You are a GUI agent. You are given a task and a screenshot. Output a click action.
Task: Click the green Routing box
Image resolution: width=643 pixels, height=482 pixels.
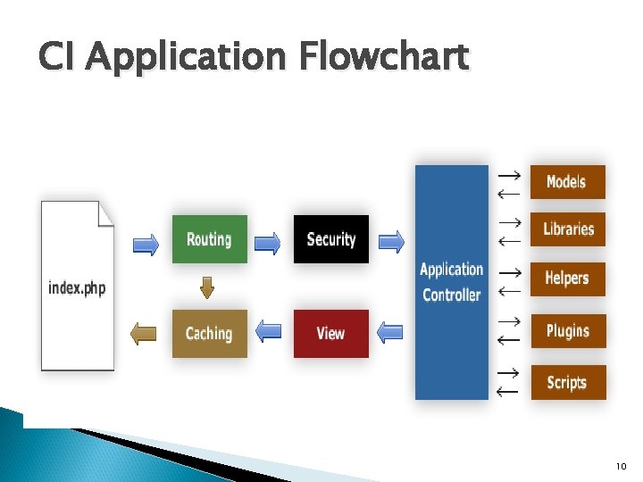209,239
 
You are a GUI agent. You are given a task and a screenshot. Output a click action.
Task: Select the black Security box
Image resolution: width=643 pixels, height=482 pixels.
330,239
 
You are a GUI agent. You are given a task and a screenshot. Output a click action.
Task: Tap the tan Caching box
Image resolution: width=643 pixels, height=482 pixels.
209,334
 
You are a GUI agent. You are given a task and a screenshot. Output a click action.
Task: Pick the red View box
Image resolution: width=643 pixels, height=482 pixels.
330,334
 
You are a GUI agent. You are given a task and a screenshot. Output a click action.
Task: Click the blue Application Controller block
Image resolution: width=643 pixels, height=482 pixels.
451,282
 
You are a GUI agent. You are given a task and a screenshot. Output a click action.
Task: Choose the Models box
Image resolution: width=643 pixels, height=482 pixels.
567,182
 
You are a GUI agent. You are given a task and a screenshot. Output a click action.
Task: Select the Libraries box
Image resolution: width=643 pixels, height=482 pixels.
567,229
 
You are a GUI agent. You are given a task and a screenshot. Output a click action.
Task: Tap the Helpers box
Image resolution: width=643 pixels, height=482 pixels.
567,278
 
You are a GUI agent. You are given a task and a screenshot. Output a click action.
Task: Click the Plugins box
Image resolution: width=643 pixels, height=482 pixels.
567,331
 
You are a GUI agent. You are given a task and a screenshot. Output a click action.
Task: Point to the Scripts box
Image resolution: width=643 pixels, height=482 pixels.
567,383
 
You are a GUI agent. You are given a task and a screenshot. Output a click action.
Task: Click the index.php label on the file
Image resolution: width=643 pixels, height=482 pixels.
77,288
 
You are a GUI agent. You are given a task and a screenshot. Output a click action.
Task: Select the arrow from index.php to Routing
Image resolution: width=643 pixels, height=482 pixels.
146,243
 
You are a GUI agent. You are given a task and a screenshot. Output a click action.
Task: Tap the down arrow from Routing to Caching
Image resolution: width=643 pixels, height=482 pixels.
208,287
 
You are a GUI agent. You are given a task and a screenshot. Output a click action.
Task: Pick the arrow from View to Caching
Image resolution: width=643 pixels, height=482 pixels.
269,332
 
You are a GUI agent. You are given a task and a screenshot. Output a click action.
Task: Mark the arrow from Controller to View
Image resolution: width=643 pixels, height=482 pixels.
390,333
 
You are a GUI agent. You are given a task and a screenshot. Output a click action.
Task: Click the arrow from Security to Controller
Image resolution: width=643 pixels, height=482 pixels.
391,241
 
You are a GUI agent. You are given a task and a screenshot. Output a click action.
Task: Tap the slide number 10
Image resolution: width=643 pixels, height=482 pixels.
622,466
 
